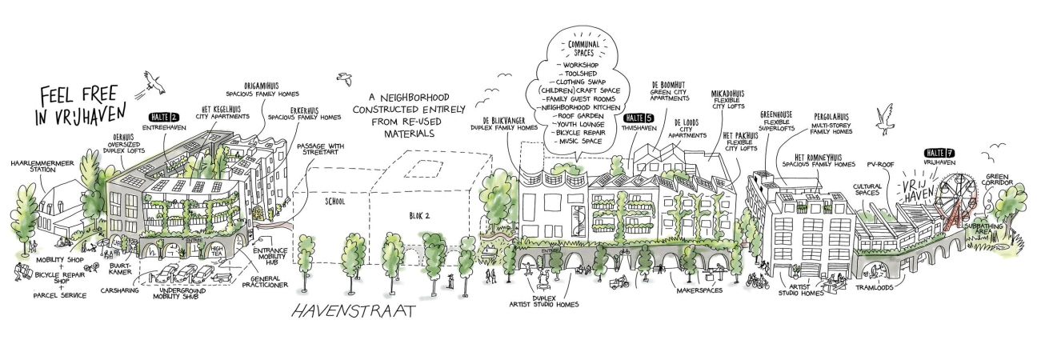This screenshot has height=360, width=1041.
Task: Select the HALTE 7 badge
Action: tap(938, 153)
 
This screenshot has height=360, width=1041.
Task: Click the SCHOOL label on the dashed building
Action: tap(334, 202)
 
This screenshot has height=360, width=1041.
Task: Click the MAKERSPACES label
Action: tap(699, 290)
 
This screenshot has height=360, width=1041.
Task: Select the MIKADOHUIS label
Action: tap(731, 93)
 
